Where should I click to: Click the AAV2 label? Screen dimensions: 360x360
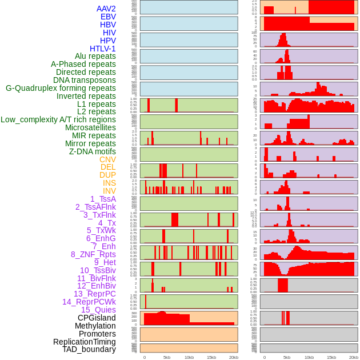pyautogui.click(x=106, y=9)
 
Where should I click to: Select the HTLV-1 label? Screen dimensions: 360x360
pyautogui.click(x=102, y=49)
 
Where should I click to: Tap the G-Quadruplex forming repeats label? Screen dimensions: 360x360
pyautogui.click(x=61, y=88)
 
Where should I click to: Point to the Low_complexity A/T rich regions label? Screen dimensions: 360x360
pyautogui.click(x=58, y=119)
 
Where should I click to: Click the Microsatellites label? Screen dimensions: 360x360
pyautogui.click(x=90, y=127)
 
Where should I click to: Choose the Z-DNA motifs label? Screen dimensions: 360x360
pyautogui.click(x=92, y=151)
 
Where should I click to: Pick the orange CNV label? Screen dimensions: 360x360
pyautogui.click(x=107, y=159)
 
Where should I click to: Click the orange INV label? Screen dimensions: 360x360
pyautogui.click(x=109, y=191)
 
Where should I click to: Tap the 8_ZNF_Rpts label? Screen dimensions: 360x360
pyautogui.click(x=93, y=254)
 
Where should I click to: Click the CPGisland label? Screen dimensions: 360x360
pyautogui.click(x=97, y=318)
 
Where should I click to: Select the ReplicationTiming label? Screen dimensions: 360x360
pyautogui.click(x=84, y=342)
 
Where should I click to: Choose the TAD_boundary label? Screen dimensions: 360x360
pyautogui.click(x=89, y=349)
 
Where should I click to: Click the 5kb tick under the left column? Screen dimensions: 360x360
pyautogui.click(x=167, y=357)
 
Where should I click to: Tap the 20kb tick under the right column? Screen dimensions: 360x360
pyautogui.click(x=354, y=357)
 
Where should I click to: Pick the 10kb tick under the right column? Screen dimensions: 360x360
pyautogui.click(x=309, y=357)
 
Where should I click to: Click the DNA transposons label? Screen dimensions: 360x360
pyautogui.click(x=85, y=80)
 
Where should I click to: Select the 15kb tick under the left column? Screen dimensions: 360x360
pyautogui.click(x=211, y=357)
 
